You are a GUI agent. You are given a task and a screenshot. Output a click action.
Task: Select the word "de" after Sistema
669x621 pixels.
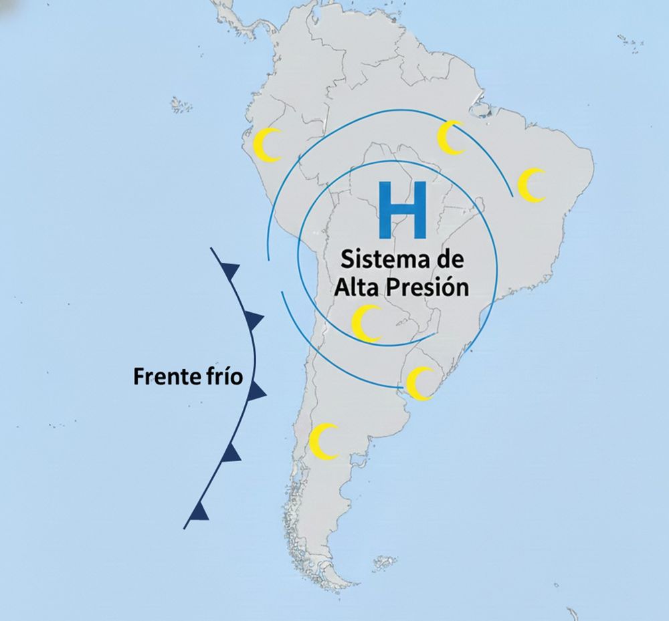coord(448,259)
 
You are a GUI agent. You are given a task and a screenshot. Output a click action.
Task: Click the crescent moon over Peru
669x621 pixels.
coord(270,144)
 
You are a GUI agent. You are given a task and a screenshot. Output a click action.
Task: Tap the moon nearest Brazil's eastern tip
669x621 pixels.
coord(533,184)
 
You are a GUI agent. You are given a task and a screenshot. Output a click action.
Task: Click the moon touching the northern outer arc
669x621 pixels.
coord(452,137)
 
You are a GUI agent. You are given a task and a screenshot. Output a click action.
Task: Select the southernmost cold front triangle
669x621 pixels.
coord(200,511)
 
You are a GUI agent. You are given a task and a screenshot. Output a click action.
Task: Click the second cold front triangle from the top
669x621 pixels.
coord(254,317)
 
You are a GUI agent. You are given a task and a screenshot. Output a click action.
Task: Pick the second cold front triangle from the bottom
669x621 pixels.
coord(231,453)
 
